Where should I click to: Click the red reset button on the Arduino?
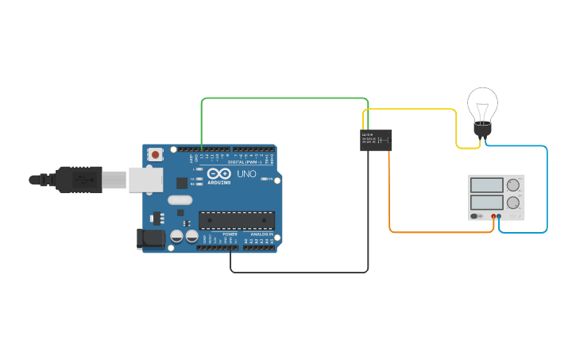pos(156,153)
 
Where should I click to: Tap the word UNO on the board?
pos(247,173)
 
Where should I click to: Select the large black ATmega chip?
pos(236,220)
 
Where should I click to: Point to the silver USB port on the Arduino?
pos(145,180)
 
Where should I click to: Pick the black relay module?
pos(376,140)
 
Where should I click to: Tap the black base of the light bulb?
pos(481,130)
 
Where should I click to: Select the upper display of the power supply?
pos(486,185)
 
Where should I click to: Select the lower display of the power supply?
pos(486,202)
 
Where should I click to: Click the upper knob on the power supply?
pos(513,185)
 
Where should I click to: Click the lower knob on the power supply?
pos(513,202)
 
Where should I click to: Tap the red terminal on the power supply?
pos(493,216)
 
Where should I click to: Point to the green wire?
pos(286,99)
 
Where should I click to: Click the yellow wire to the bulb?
pos(413,110)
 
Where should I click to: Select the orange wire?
pos(437,232)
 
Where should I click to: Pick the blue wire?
pos(547,191)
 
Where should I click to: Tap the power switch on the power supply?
pos(475,216)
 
